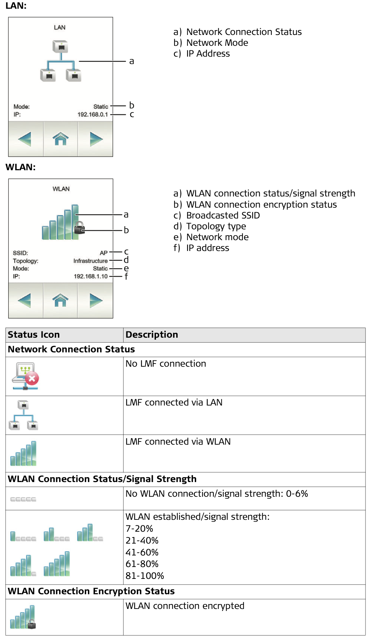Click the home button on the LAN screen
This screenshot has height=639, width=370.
[x=60, y=139]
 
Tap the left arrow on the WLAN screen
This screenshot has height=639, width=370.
[x=24, y=300]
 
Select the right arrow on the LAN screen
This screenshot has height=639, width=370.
[x=96, y=139]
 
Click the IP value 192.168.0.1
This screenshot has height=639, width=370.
[x=93, y=114]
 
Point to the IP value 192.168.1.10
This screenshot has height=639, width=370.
[x=91, y=276]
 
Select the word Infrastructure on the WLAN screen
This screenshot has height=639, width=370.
[x=90, y=261]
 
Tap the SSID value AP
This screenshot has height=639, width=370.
[x=104, y=253]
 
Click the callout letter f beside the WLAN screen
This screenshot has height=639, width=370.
[x=126, y=276]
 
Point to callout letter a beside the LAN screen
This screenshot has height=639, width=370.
[x=132, y=62]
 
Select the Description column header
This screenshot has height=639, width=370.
[x=152, y=335]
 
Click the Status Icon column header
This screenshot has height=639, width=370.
[x=34, y=335]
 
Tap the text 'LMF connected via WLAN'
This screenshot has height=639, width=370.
[x=178, y=441]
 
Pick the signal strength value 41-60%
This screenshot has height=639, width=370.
[x=142, y=552]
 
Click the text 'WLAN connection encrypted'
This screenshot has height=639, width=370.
[x=185, y=606]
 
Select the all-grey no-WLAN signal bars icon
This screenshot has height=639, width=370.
[x=23, y=499]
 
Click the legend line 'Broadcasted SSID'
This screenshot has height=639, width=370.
[x=223, y=215]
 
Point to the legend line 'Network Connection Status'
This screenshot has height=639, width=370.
[x=244, y=32]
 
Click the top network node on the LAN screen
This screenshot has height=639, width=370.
[x=60, y=46]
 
